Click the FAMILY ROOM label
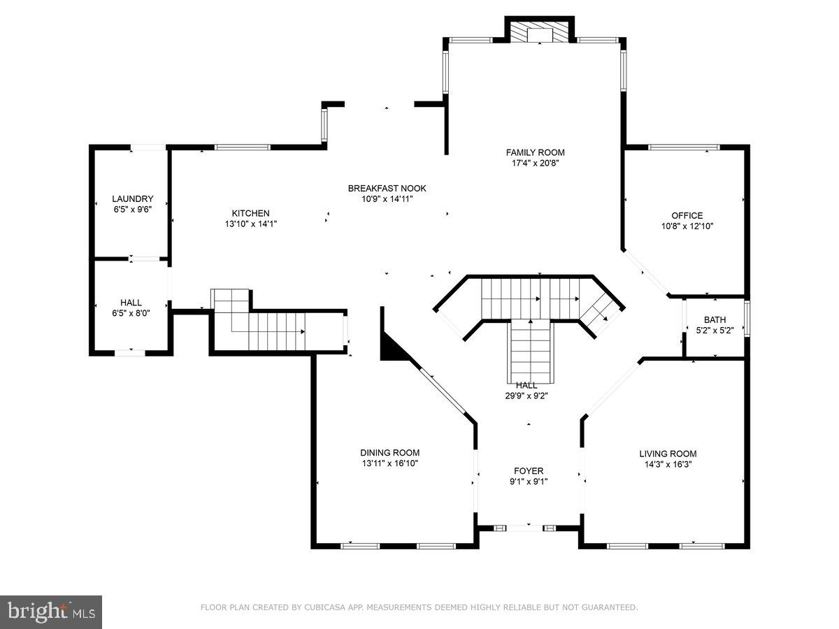tap(535, 152)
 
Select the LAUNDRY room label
tap(132, 198)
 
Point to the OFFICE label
tap(687, 215)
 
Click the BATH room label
tap(715, 320)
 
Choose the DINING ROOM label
tap(389, 452)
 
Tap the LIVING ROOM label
tap(668, 453)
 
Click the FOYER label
tap(528, 470)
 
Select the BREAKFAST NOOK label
tap(387, 188)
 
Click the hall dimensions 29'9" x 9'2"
tap(526, 395)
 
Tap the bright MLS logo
tap(52, 612)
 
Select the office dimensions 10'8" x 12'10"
tap(687, 226)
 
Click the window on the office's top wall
tap(684, 147)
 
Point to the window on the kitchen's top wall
tap(242, 147)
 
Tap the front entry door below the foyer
tap(528, 528)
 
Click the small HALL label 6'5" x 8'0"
tap(131, 303)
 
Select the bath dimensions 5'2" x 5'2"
tap(715, 331)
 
